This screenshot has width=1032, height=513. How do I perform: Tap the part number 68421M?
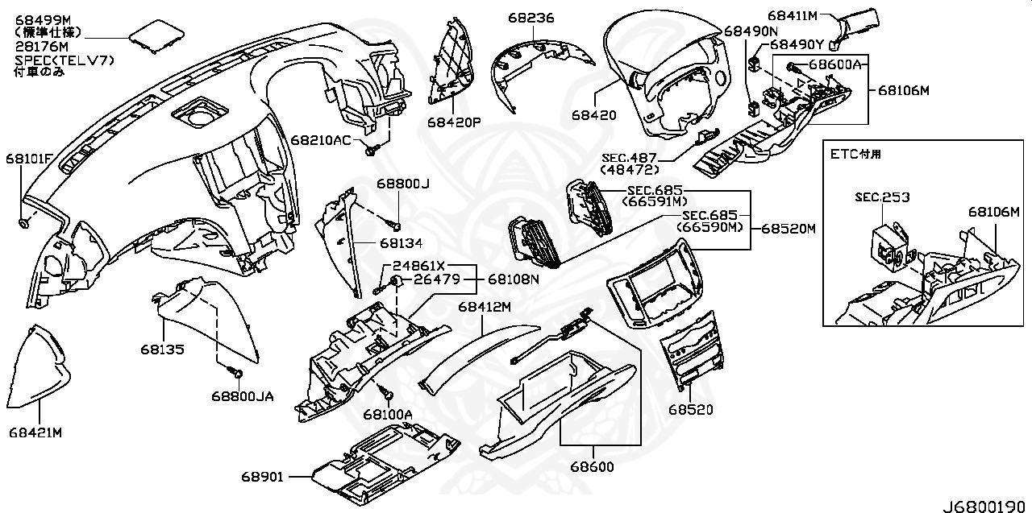coord(35,432)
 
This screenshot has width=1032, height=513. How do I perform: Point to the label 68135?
coord(161,350)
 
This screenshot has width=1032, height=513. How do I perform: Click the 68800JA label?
coord(243,396)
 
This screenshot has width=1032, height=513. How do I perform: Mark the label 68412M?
coord(485,307)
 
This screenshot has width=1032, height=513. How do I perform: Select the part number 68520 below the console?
coord(690,409)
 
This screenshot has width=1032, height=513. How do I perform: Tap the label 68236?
coord(531,17)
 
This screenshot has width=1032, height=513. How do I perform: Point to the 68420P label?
coord(454,122)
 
